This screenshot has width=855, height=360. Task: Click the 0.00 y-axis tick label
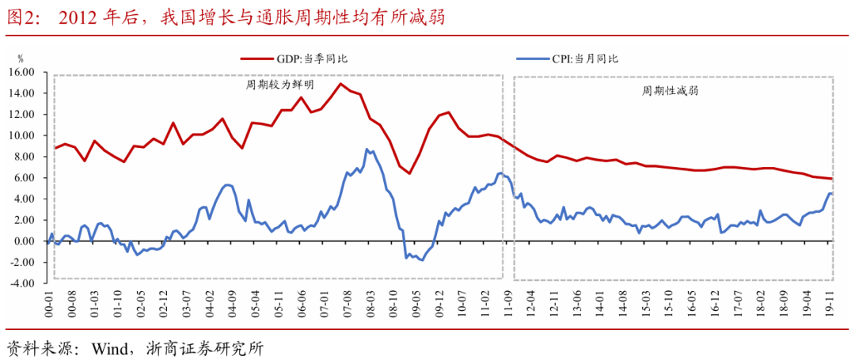tap(28, 241)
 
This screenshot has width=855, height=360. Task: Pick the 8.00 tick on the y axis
tap(28, 157)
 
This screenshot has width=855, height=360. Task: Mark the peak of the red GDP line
tap(341, 83)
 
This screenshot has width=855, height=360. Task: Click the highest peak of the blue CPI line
tap(367, 149)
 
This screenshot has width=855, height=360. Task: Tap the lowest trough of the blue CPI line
tap(422, 260)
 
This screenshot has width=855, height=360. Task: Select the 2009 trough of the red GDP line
tap(409, 173)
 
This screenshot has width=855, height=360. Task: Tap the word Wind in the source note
tap(111, 348)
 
